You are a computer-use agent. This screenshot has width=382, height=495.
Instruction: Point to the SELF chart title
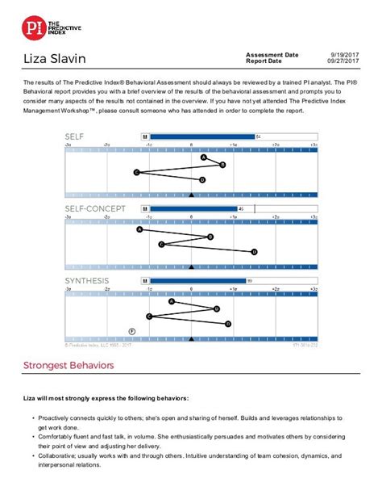point(75,136)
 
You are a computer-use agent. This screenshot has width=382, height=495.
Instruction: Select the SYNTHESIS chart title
point(85,280)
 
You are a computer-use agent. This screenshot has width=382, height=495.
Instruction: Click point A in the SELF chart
point(203,157)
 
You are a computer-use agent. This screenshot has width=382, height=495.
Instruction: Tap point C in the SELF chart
point(136,172)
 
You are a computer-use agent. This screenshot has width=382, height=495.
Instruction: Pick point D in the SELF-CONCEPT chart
point(255,251)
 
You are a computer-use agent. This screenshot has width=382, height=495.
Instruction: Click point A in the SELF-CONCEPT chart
point(139,229)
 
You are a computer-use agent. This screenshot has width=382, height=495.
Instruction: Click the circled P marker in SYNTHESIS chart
point(132,330)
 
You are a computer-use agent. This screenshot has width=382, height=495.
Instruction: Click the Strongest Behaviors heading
point(69,365)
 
